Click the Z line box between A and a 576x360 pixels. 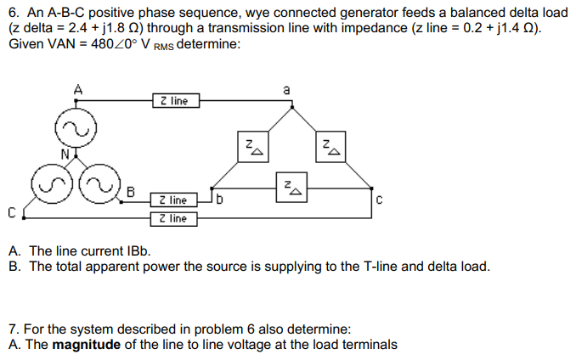(x=174, y=101)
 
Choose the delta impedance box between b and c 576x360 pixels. (x=290, y=187)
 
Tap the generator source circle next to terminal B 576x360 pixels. (x=103, y=180)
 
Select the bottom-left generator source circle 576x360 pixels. (x=49, y=180)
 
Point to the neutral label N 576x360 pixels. (x=65, y=154)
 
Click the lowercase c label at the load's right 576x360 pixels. (x=379, y=200)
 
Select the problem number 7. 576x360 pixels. (x=11, y=329)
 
